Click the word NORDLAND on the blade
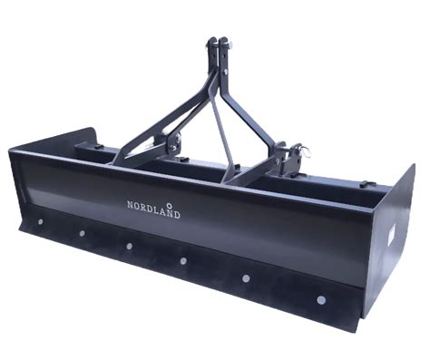[153, 209]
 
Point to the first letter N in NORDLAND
[130, 205]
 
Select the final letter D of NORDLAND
[177, 215]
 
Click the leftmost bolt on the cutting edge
[40, 221]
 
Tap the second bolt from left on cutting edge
[82, 233]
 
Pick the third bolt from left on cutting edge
[129, 246]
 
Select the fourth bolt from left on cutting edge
[183, 260]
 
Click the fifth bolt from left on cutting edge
[246, 278]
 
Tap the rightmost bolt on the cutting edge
[321, 300]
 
